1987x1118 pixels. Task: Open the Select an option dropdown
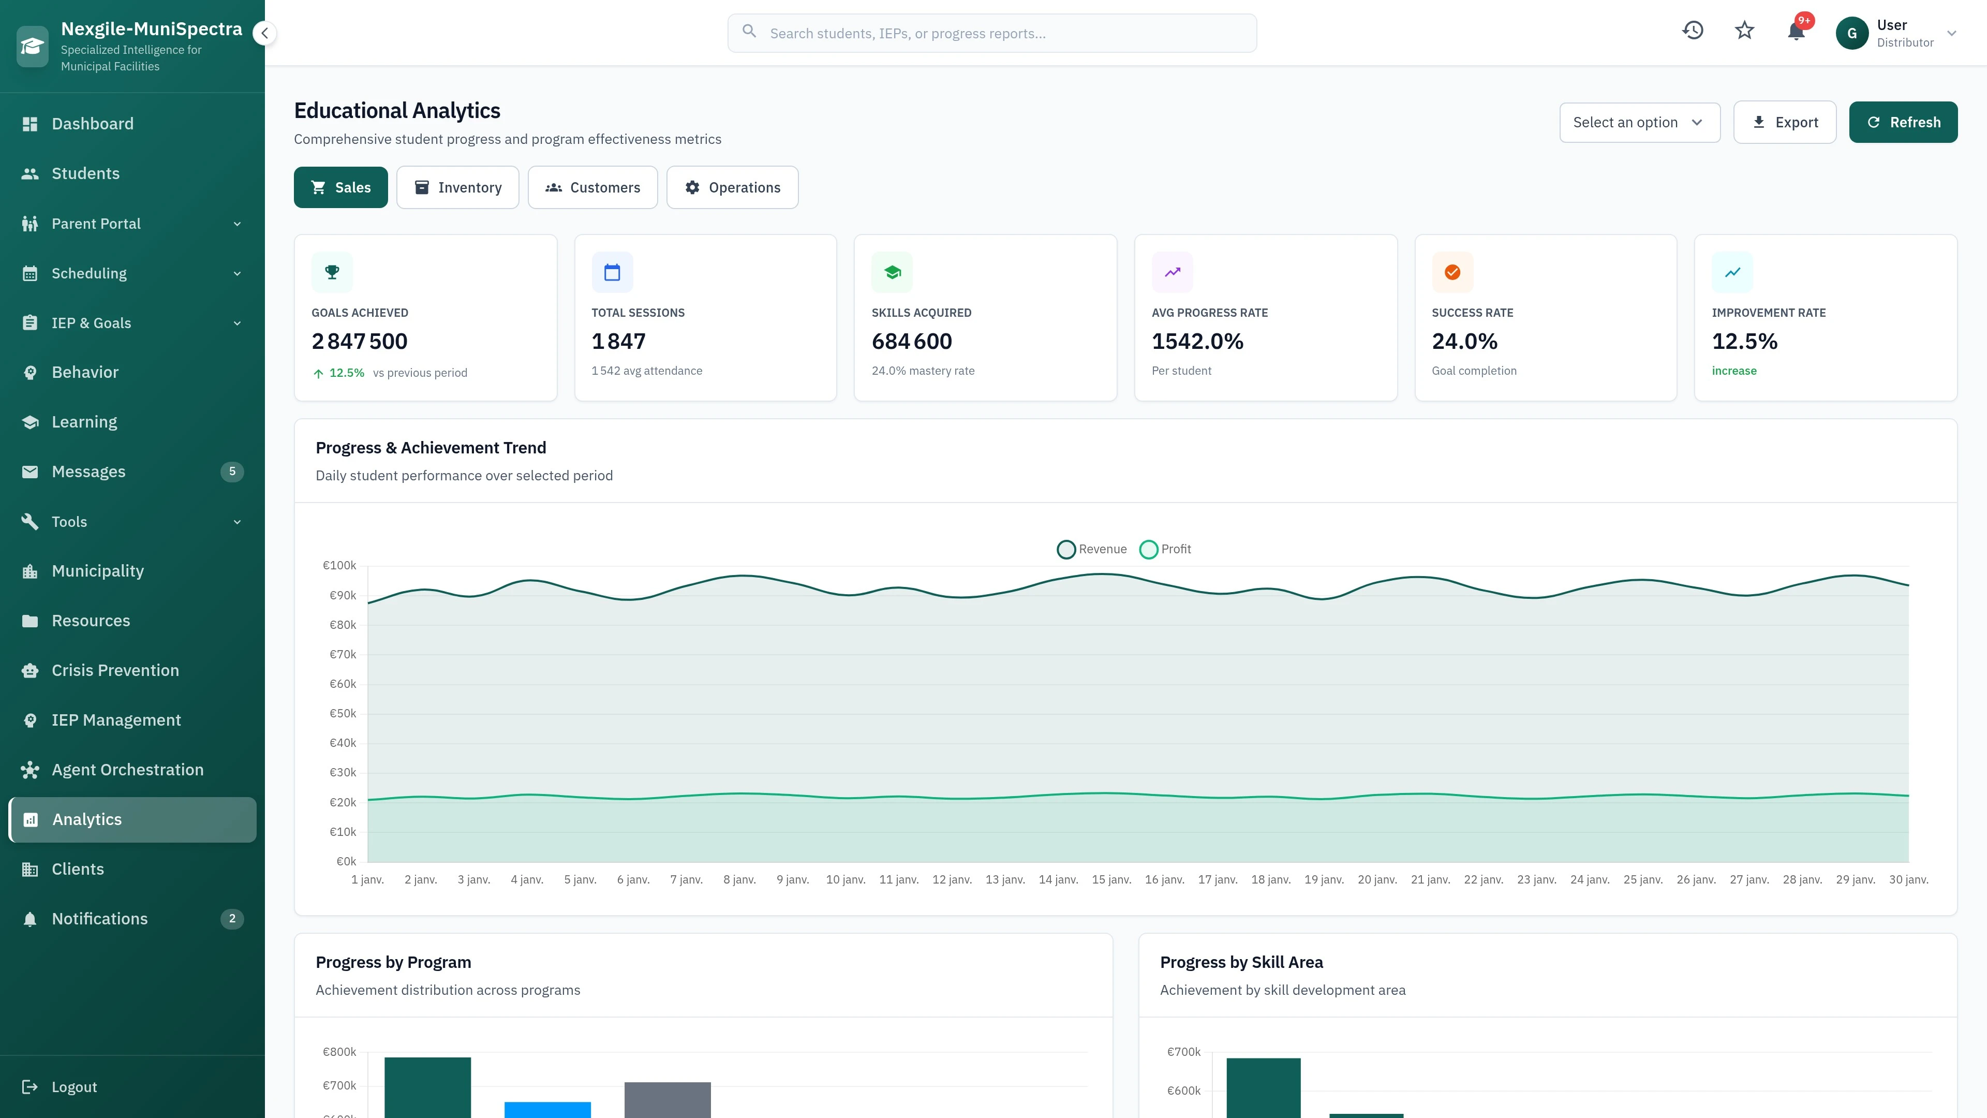[1639, 122]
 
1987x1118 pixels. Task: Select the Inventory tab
[457, 187]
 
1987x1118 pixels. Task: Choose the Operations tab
[732, 187]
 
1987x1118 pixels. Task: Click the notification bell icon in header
[1796, 32]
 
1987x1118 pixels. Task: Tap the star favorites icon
[1744, 31]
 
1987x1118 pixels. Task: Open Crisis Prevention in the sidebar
[115, 670]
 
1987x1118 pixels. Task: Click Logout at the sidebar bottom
[73, 1087]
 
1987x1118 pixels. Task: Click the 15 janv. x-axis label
[1111, 879]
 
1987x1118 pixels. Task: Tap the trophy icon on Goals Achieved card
[332, 272]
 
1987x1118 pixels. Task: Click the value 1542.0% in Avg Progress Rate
[1197, 341]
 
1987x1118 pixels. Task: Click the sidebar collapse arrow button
[264, 33]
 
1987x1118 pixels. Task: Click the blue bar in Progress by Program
[547, 1110]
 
